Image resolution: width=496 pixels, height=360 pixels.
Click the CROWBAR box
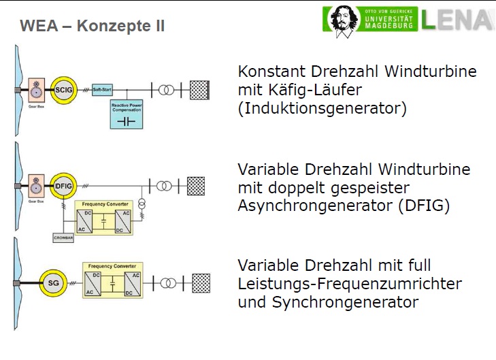click(63, 238)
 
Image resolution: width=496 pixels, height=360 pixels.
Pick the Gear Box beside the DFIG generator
click(35, 186)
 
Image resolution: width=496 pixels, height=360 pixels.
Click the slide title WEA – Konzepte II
click(92, 27)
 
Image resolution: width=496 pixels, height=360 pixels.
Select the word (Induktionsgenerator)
click(322, 108)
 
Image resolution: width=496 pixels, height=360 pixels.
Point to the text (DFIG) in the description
click(423, 206)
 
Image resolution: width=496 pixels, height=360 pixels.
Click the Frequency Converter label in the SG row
click(112, 265)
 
